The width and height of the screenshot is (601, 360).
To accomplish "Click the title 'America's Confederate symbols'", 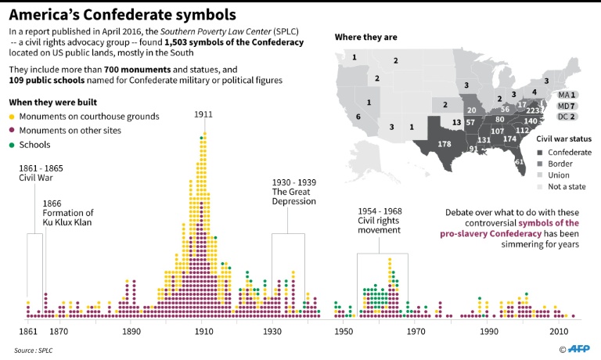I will pos(124,14).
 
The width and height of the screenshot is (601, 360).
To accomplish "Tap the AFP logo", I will pos(580,348).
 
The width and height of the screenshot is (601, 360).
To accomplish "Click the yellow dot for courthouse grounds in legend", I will pos(12,117).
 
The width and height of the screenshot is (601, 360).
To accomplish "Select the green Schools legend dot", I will pos(12,145).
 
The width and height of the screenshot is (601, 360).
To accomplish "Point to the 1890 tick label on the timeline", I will pos(131,331).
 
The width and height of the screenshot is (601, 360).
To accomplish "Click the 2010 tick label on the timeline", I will pos(559,331).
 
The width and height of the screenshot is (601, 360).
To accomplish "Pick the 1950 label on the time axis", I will pos(344,331).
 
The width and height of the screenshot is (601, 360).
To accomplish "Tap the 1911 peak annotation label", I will pos(203,114).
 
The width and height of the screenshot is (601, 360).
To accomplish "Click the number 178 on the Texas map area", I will pos(444,144).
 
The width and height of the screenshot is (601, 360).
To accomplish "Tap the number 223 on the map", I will pos(533,110).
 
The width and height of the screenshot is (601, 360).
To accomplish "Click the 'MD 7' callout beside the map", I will pos(567,105).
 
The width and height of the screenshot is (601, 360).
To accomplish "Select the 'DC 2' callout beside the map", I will pos(567,117).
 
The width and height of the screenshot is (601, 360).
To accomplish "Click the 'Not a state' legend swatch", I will pos(540,187).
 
